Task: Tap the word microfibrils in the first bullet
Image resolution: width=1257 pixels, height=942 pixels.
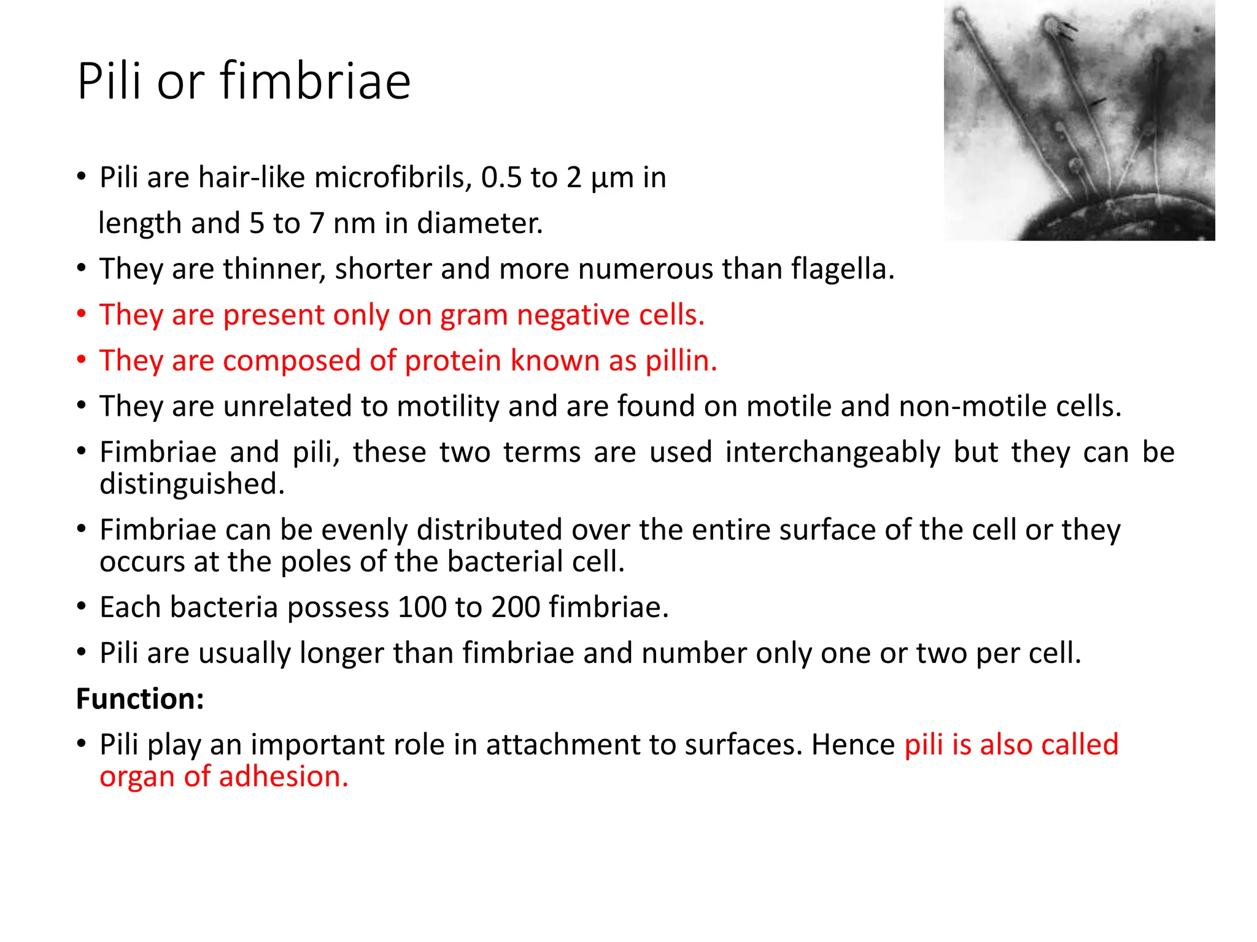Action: point(393,178)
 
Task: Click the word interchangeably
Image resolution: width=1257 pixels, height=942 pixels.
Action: point(832,453)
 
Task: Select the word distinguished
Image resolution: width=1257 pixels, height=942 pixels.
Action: point(192,484)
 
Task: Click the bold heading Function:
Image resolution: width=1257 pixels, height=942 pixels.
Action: point(140,699)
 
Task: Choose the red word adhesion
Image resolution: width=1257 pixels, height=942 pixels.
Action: point(284,777)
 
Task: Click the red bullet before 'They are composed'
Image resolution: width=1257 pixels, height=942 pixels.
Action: point(82,360)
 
